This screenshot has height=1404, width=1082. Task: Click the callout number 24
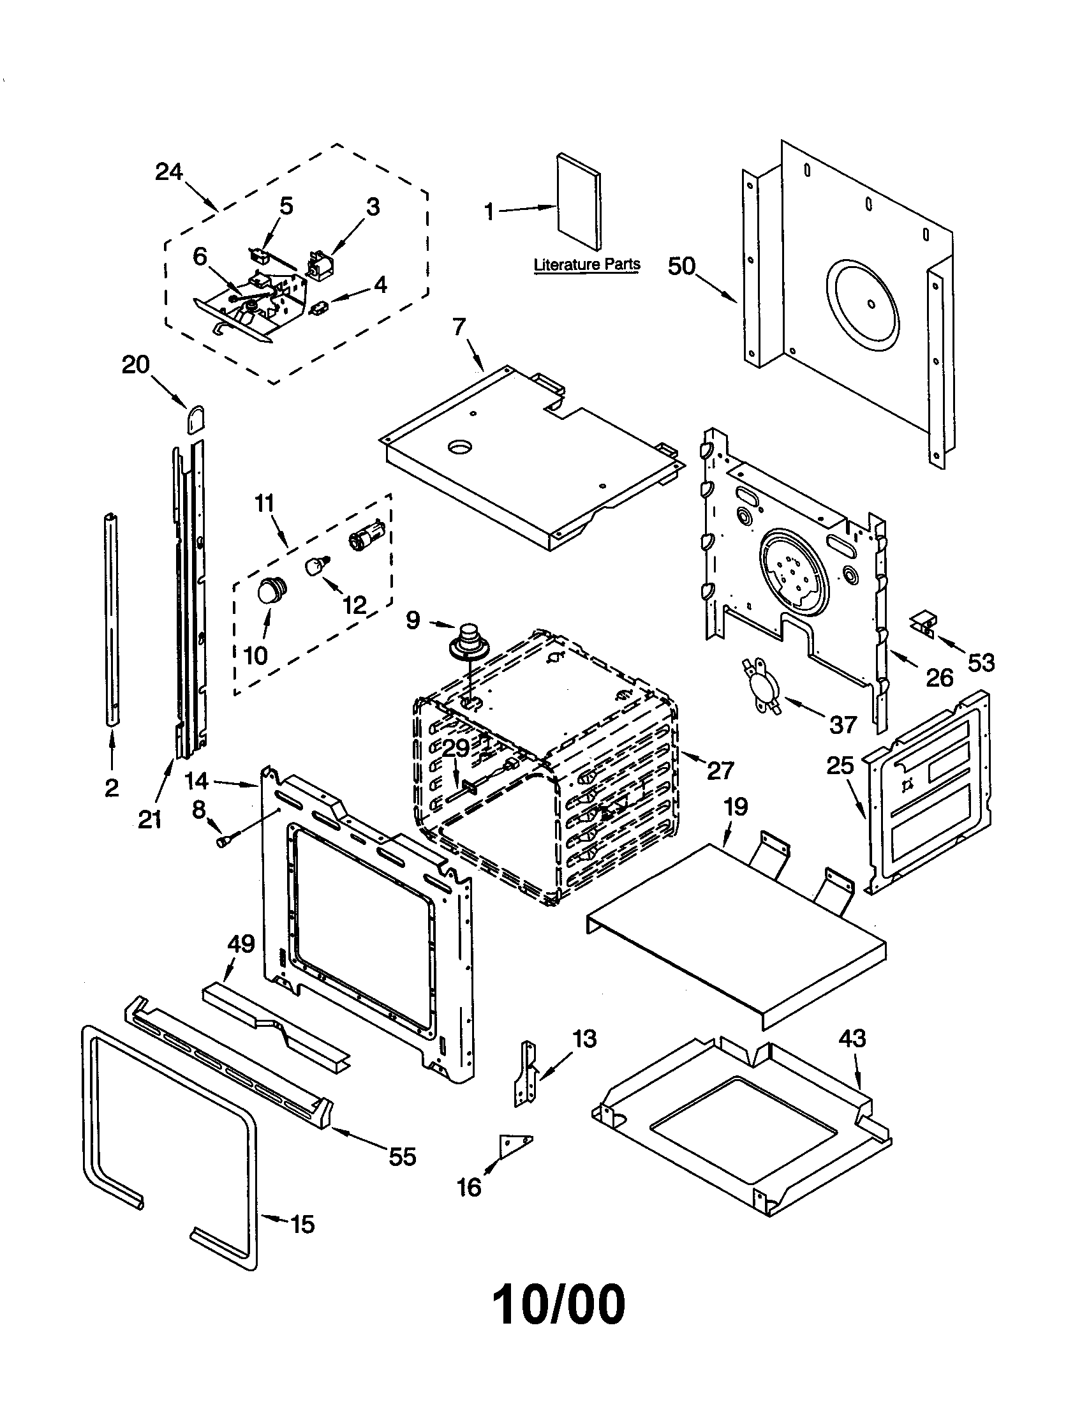point(169,172)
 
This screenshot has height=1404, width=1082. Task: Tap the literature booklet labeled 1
point(579,202)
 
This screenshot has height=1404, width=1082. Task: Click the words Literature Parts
point(587,264)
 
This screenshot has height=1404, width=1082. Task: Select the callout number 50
point(682,265)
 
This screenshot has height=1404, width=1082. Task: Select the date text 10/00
point(558,1305)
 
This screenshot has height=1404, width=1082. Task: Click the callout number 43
point(852,1038)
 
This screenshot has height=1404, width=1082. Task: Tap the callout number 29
point(456,749)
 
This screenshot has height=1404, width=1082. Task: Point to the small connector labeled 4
point(318,308)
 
